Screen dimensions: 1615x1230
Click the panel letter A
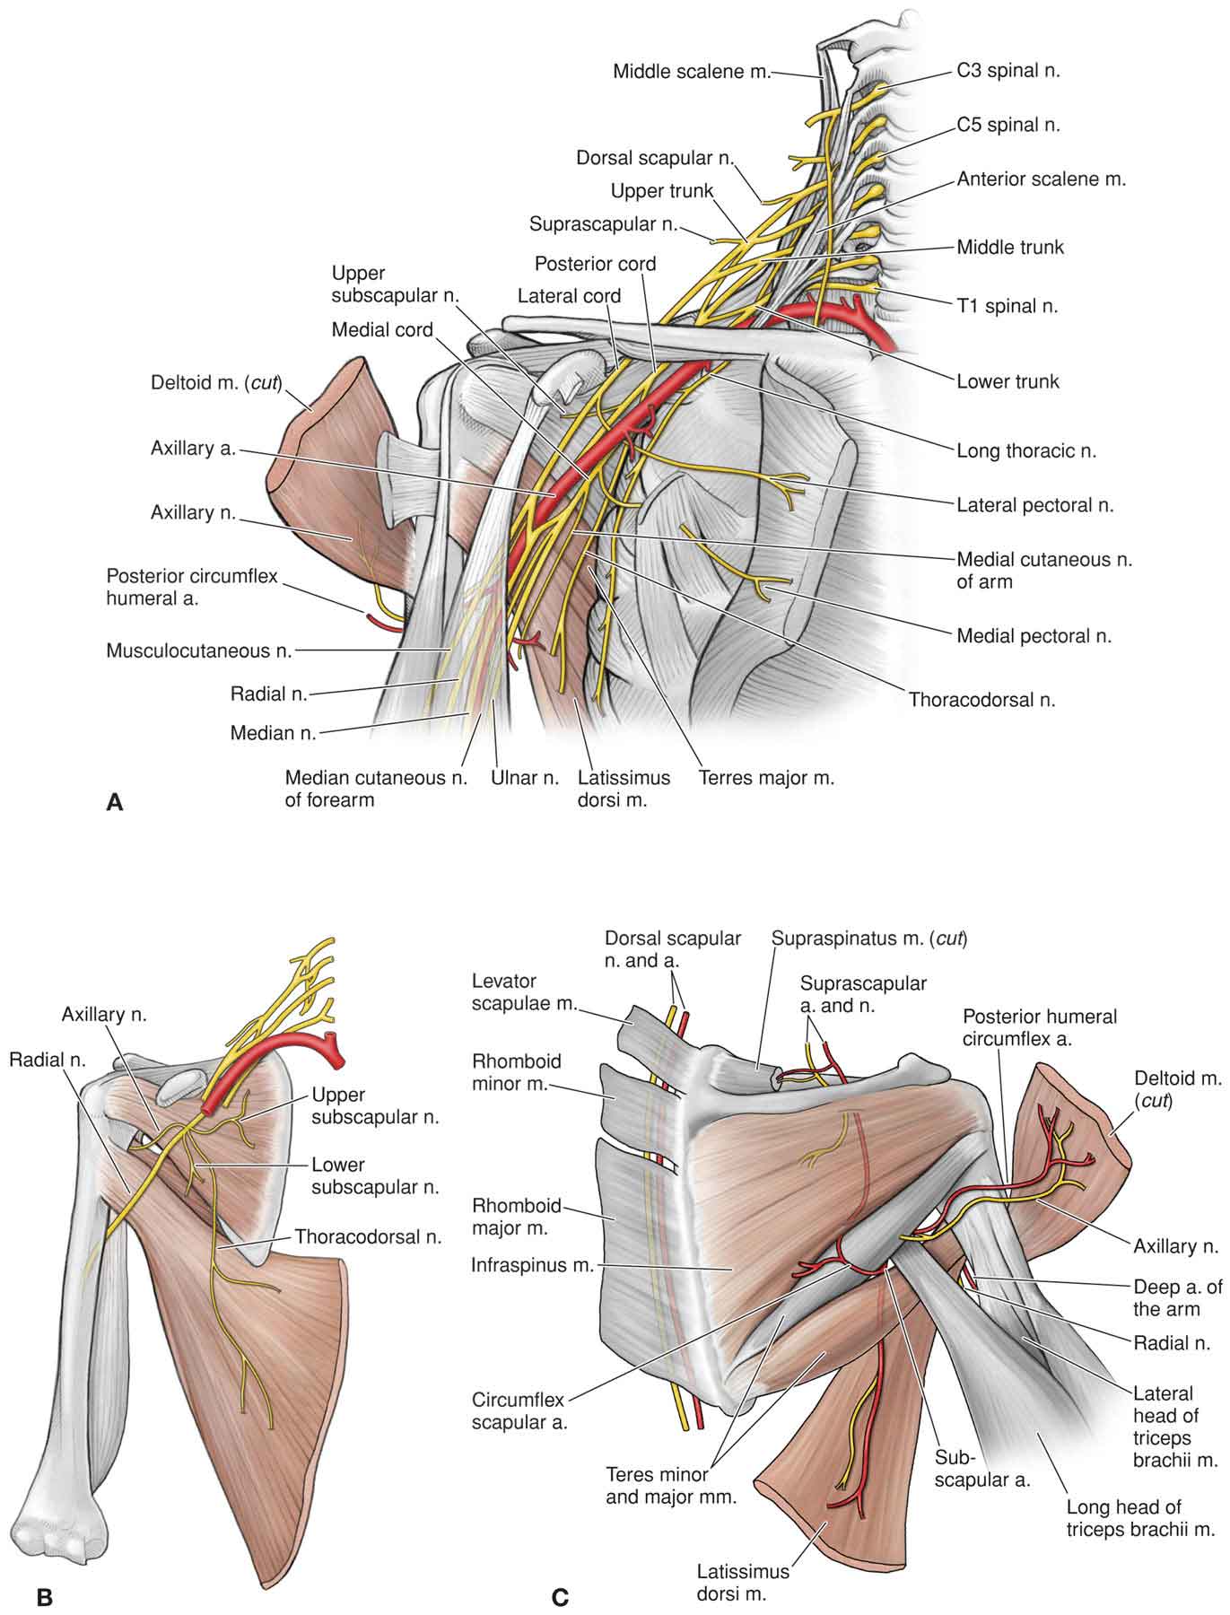pyautogui.click(x=114, y=802)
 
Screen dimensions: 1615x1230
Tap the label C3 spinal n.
pyautogui.click(x=1008, y=70)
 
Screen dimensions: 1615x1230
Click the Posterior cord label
pyautogui.click(x=595, y=264)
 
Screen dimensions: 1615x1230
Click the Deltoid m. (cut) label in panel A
pyautogui.click(x=216, y=384)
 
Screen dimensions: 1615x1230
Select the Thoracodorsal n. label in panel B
pyautogui.click(x=369, y=1236)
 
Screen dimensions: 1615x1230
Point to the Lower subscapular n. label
pyautogui.click(x=375, y=1175)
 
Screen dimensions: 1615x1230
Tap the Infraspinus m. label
pyautogui.click(x=533, y=1265)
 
